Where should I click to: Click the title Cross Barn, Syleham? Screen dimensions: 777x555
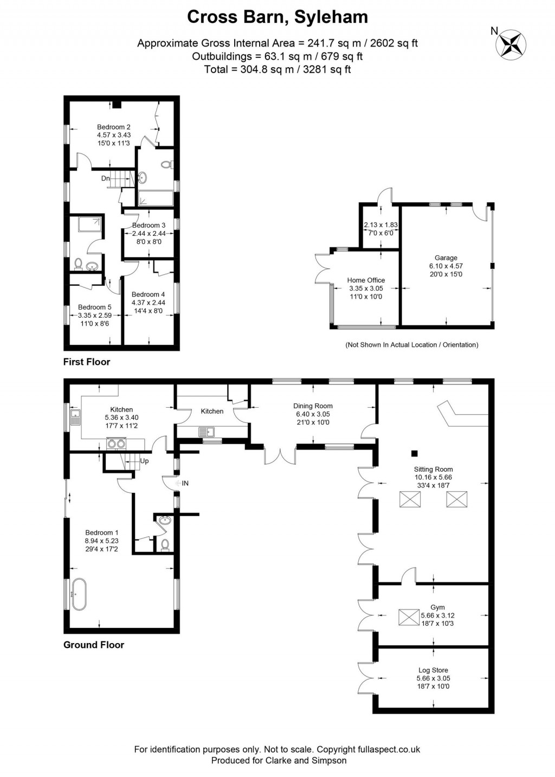(277, 17)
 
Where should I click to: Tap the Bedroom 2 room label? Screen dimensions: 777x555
(114, 127)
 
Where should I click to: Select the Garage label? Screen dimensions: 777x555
(446, 258)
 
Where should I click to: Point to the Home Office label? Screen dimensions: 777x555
(366, 280)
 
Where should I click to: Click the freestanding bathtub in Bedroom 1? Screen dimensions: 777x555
(79, 594)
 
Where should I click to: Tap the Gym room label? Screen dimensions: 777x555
(437, 607)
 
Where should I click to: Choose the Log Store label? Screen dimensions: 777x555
(433, 670)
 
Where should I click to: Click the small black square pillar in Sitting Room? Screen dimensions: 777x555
(415, 453)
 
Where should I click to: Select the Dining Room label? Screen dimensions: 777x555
(313, 406)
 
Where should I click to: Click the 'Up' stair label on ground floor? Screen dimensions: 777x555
(144, 461)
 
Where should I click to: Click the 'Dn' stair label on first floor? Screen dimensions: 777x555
(105, 178)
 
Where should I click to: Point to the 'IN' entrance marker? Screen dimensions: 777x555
(185, 483)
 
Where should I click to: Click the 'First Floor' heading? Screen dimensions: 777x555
(87, 362)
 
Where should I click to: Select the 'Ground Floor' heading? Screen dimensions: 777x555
(94, 645)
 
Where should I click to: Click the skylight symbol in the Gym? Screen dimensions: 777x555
(406, 617)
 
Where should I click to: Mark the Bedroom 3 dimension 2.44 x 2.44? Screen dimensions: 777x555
(149, 234)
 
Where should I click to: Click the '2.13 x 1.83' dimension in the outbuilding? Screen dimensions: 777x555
(380, 225)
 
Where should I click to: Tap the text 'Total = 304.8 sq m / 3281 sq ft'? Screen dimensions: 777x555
(277, 69)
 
